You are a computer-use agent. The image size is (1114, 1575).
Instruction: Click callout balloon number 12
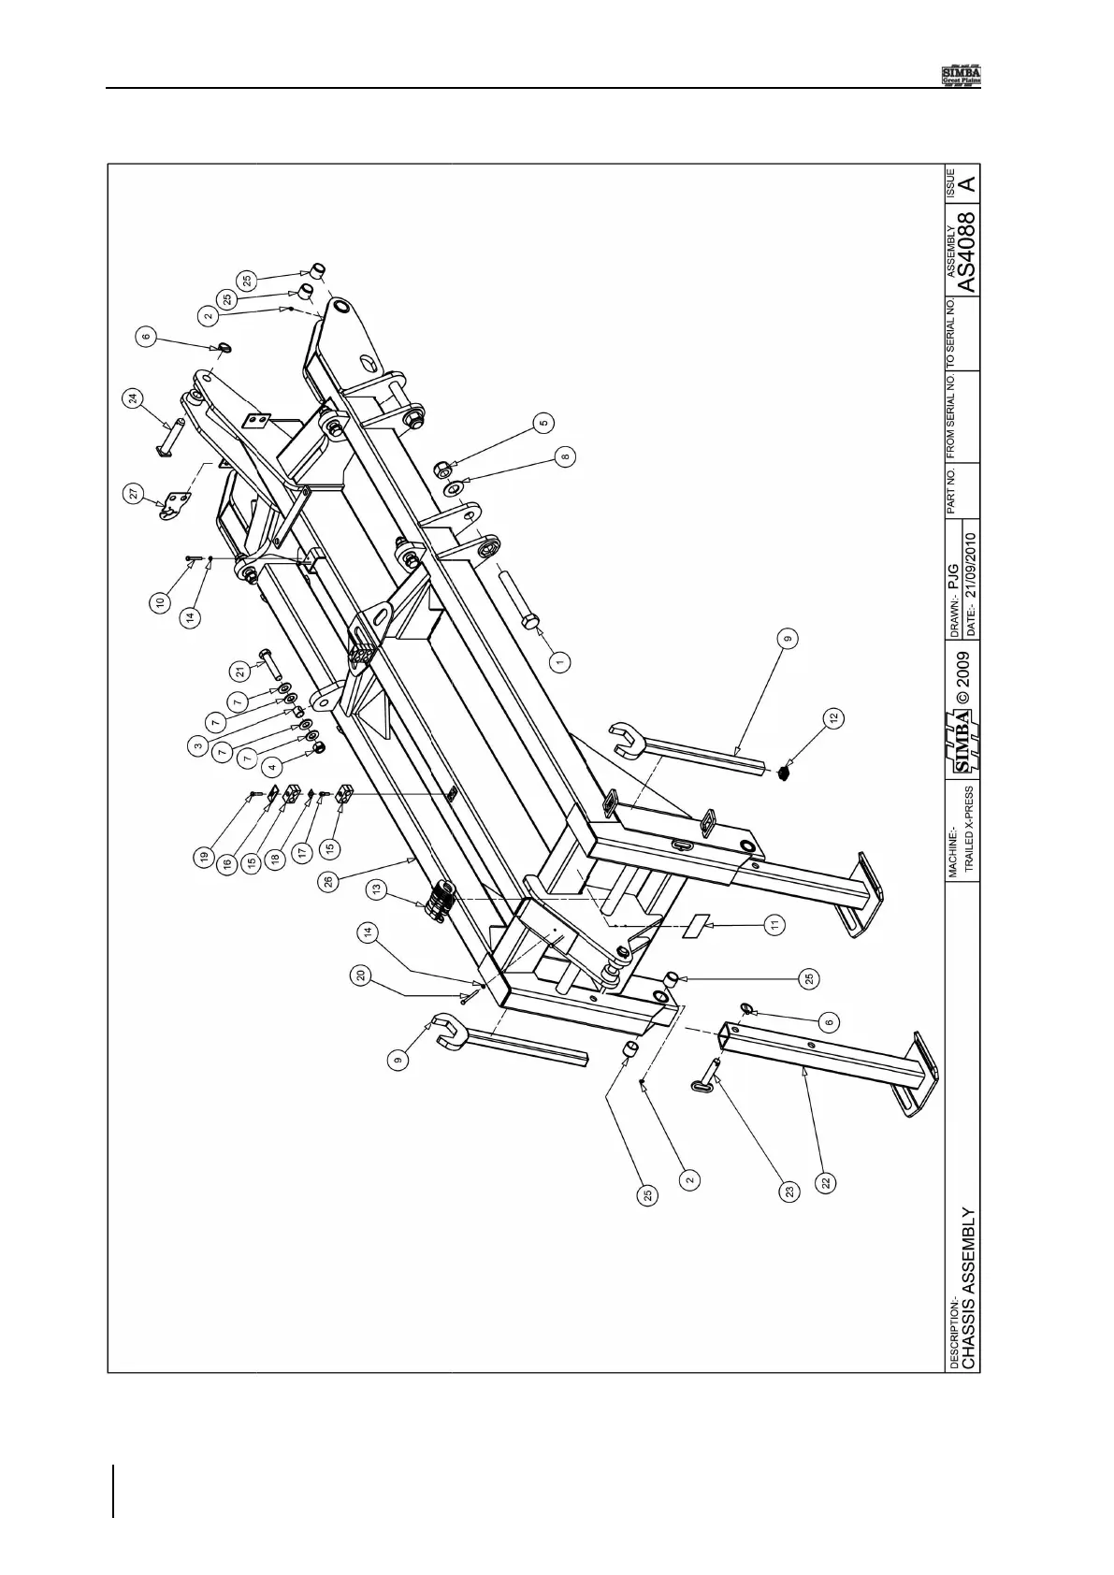[x=833, y=718]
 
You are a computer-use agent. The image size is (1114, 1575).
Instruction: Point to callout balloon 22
[x=826, y=1182]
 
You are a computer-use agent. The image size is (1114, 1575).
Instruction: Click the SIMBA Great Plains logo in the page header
[x=960, y=75]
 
